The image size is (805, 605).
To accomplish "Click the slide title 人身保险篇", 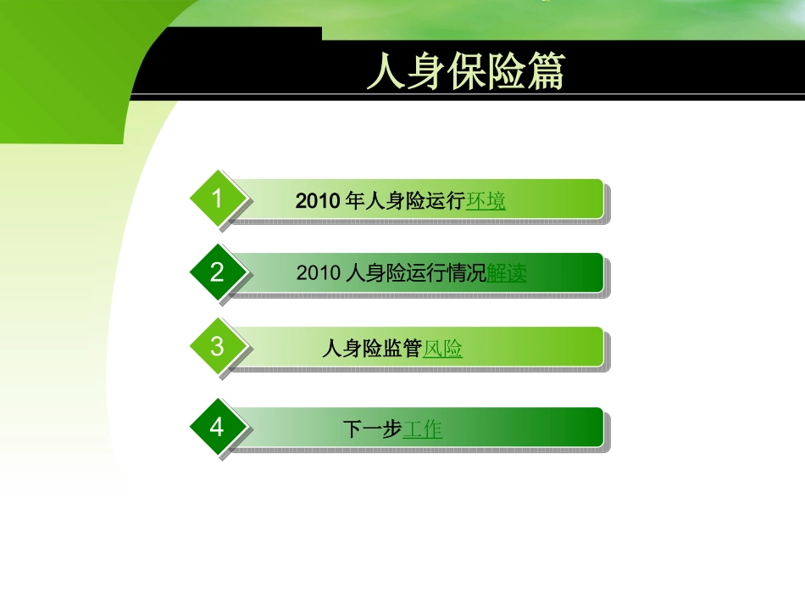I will pos(465,72).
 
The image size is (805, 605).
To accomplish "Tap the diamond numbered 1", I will pos(218,199).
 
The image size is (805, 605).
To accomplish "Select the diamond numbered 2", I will pos(218,272).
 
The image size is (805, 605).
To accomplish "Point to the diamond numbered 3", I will pos(218,346).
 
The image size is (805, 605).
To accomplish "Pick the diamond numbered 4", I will pos(218,427).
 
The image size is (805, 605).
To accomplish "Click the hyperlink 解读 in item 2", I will pos(507,273).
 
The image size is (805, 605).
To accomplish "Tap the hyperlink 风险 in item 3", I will pos(442,348).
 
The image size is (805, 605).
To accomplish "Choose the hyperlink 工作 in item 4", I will pos(422,429).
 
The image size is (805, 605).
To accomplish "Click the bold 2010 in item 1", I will pos(317,201).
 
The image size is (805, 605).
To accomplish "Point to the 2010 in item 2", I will pos(319,273).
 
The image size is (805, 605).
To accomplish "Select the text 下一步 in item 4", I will pos(372,429).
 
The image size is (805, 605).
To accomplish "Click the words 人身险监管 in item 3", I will pos(372,348).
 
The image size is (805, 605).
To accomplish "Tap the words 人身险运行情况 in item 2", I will pos(417,273).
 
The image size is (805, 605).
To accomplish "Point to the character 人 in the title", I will pos(386,72).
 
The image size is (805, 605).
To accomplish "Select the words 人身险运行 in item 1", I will pos(415,201).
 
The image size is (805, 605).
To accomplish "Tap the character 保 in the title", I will pos(465,72).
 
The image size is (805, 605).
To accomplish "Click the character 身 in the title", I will pos(425,72).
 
